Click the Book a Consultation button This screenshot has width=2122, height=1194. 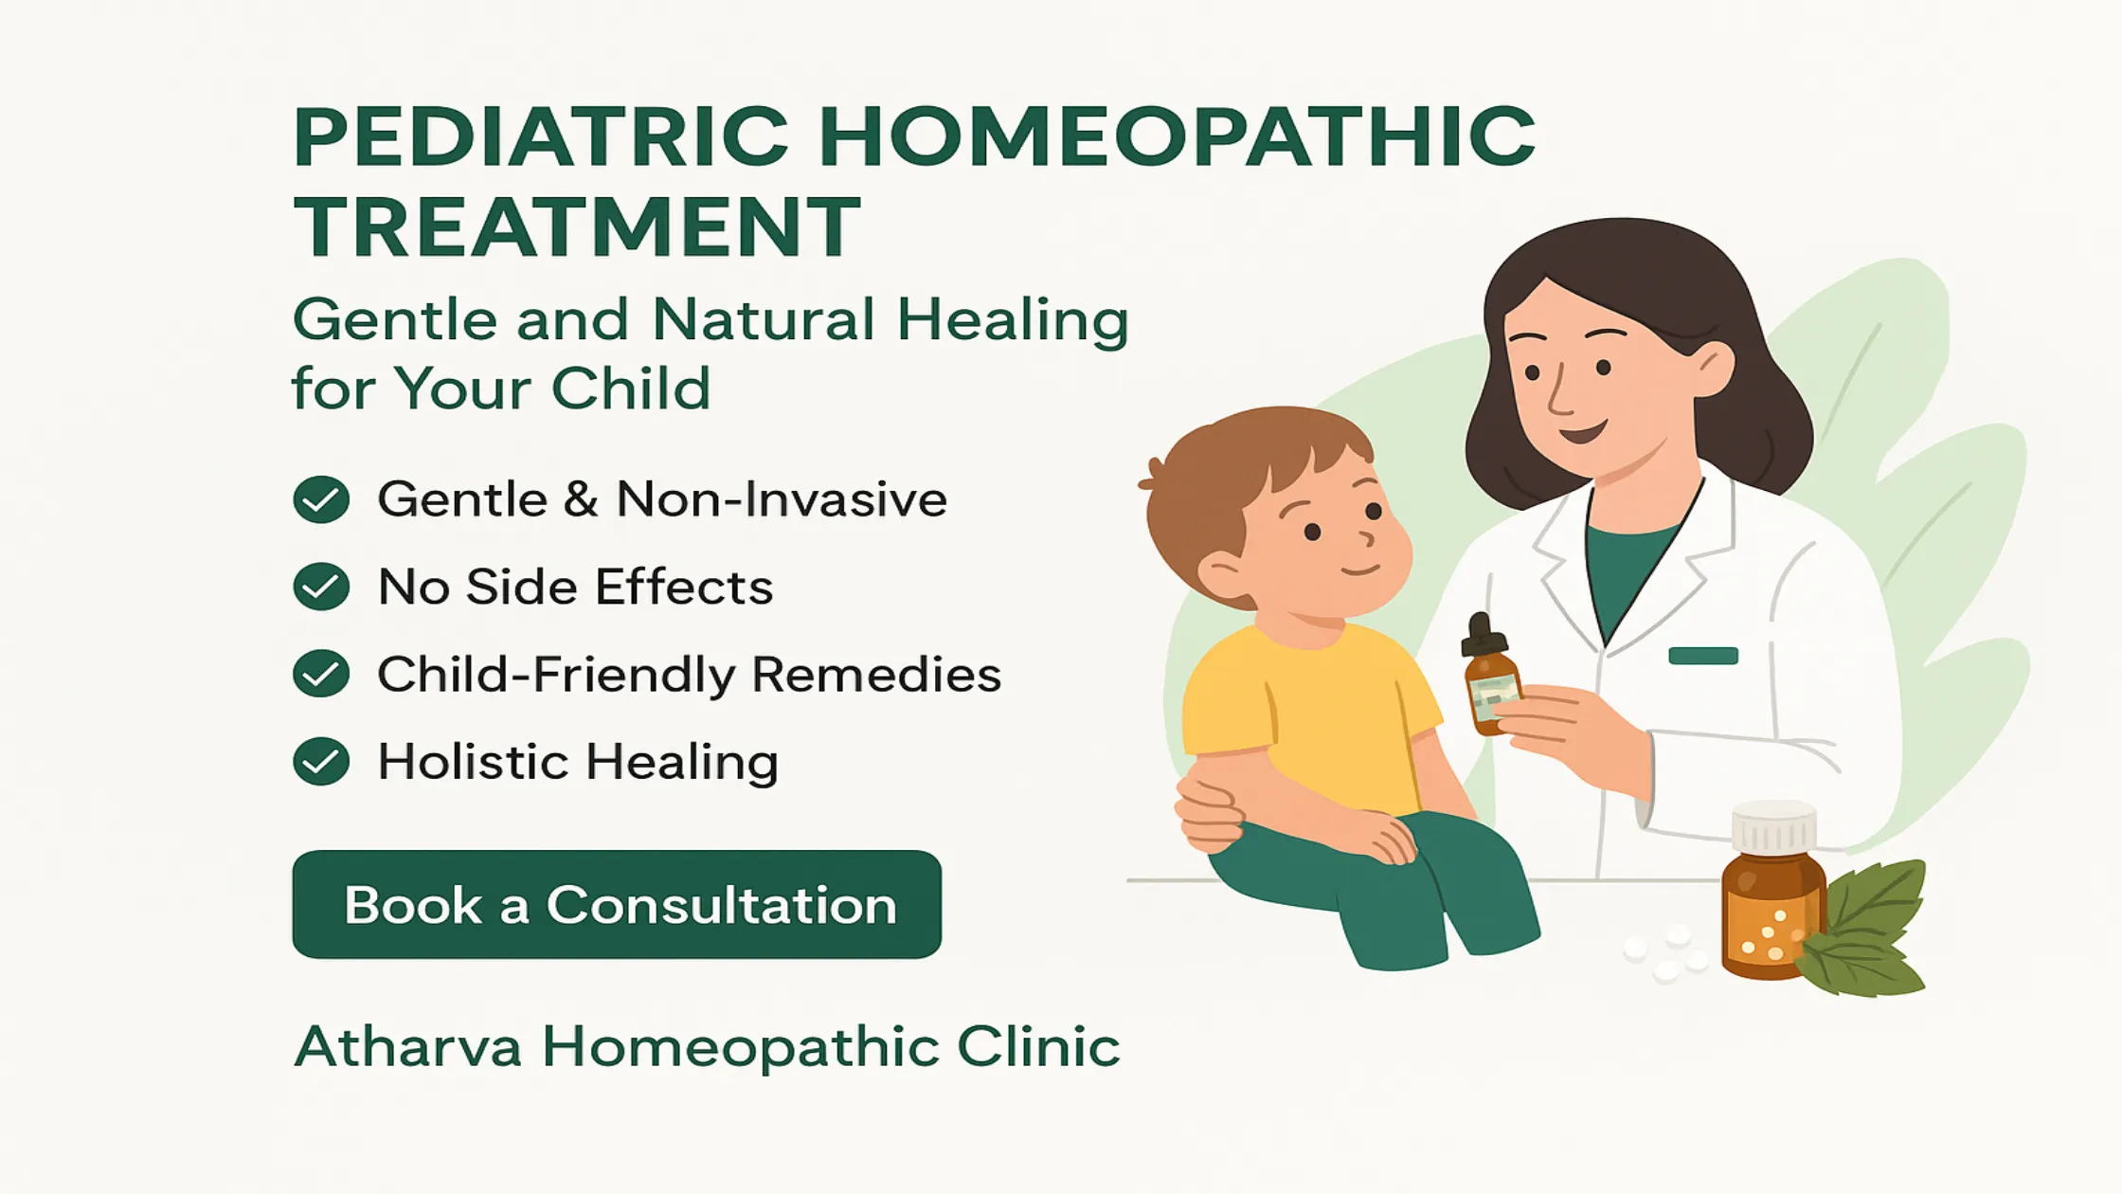[x=617, y=904]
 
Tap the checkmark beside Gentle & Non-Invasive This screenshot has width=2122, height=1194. [x=321, y=499]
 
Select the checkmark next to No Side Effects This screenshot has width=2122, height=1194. [x=321, y=587]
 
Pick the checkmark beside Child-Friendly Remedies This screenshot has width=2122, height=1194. [x=321, y=674]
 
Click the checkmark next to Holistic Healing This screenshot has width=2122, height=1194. [x=321, y=761]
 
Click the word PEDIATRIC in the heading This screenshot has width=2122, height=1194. [x=541, y=136]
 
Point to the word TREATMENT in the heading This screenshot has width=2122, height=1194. [x=577, y=226]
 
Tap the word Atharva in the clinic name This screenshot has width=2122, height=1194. [x=408, y=1047]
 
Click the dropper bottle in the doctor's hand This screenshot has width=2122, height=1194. [x=1489, y=675]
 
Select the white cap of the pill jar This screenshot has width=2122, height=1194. [x=1774, y=827]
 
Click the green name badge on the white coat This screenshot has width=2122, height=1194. [x=1703, y=656]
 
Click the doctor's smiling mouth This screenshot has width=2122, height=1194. [x=1583, y=434]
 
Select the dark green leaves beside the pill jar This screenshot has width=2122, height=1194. [x=1864, y=929]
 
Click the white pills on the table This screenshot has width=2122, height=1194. [x=1666, y=951]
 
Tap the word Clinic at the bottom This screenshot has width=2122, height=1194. [x=1038, y=1047]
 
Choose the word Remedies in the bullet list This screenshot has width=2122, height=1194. [x=876, y=675]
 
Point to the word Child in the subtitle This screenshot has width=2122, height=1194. [x=631, y=388]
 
